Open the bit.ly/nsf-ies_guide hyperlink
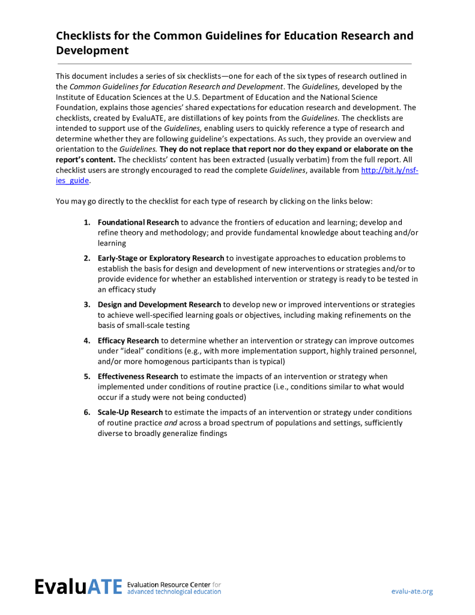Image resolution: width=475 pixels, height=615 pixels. pos(389,171)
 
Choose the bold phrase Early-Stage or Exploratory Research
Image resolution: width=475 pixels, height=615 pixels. pos(161,258)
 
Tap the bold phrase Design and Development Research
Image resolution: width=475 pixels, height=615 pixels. pos(159,304)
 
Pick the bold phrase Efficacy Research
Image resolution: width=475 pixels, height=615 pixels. pos(128,341)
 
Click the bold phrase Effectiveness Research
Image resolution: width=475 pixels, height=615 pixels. pos(138,377)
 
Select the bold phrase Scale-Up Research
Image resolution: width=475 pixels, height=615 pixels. pos(130,412)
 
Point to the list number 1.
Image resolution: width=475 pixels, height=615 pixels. pos(86,222)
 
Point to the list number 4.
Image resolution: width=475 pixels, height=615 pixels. pos(86,341)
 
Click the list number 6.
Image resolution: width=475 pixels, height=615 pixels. pos(86,412)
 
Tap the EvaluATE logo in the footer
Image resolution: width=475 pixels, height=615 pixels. pos(78,587)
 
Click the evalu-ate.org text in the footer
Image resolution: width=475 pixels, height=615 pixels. pos(411,591)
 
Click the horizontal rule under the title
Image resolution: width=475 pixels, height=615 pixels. pos(234,64)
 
